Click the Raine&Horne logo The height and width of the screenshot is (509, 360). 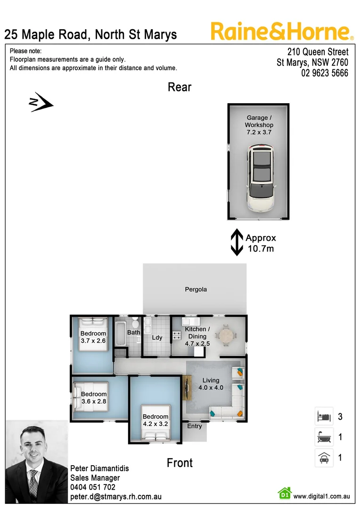point(282,32)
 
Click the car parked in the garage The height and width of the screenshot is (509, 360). point(261,179)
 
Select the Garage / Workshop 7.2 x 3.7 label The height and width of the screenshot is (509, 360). point(259,125)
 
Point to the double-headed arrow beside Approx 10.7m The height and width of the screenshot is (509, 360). point(237,243)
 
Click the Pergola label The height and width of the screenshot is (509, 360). point(196,289)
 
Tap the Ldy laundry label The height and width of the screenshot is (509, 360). point(157,337)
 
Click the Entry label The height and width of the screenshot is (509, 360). point(194,426)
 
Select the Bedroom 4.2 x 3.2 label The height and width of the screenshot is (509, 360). point(155,420)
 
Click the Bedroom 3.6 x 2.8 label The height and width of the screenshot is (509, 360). point(94,397)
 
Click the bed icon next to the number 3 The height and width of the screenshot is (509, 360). point(324,417)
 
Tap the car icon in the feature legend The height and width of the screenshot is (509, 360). point(324,457)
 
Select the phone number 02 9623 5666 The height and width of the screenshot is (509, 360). point(325,73)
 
